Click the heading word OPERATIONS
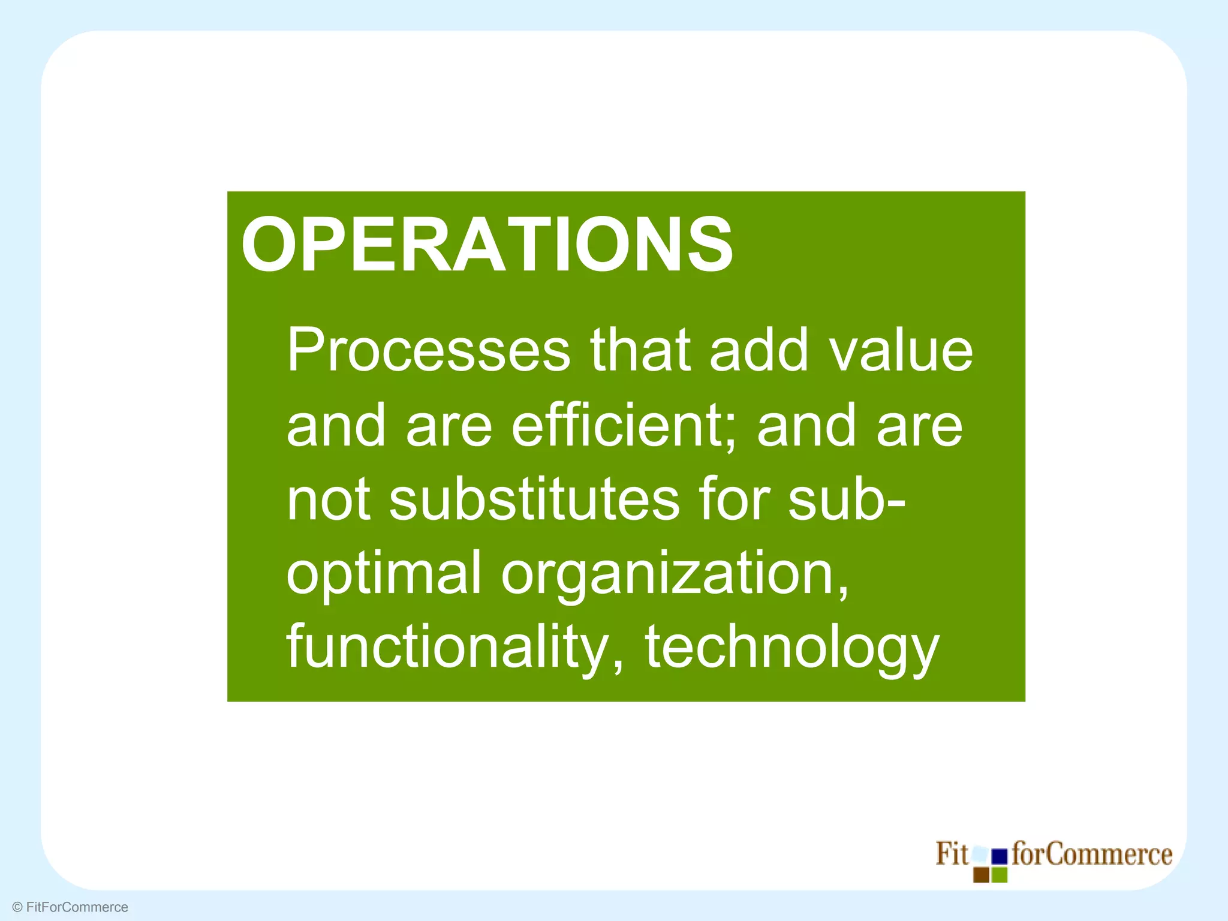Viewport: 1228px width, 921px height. coord(486,245)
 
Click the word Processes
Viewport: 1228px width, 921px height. coord(428,350)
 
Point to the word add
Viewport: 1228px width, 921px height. coord(759,350)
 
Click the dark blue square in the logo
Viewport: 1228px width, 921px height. coord(1000,856)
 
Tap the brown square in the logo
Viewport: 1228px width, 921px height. coord(981,875)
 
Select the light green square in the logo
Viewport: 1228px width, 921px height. coord(1000,875)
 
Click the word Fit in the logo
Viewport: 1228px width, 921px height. coord(951,854)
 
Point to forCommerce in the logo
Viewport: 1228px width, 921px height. coord(1091,854)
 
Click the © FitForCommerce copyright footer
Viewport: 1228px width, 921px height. coord(70,907)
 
